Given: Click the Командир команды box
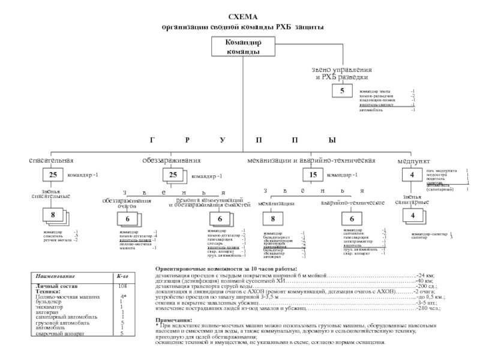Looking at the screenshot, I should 243,47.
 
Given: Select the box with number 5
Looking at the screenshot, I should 342,91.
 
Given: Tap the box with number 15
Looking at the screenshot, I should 313,175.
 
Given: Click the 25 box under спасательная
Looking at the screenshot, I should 53,175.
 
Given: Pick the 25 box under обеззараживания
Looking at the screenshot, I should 173,175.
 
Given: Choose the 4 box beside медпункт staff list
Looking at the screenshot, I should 412,175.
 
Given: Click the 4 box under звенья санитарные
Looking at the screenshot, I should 412,215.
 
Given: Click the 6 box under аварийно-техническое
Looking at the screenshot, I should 352,219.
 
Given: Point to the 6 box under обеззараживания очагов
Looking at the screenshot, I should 127,220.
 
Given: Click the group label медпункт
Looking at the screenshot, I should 413,162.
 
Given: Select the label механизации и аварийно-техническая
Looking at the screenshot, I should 311,161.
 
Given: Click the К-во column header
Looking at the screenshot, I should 123,275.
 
